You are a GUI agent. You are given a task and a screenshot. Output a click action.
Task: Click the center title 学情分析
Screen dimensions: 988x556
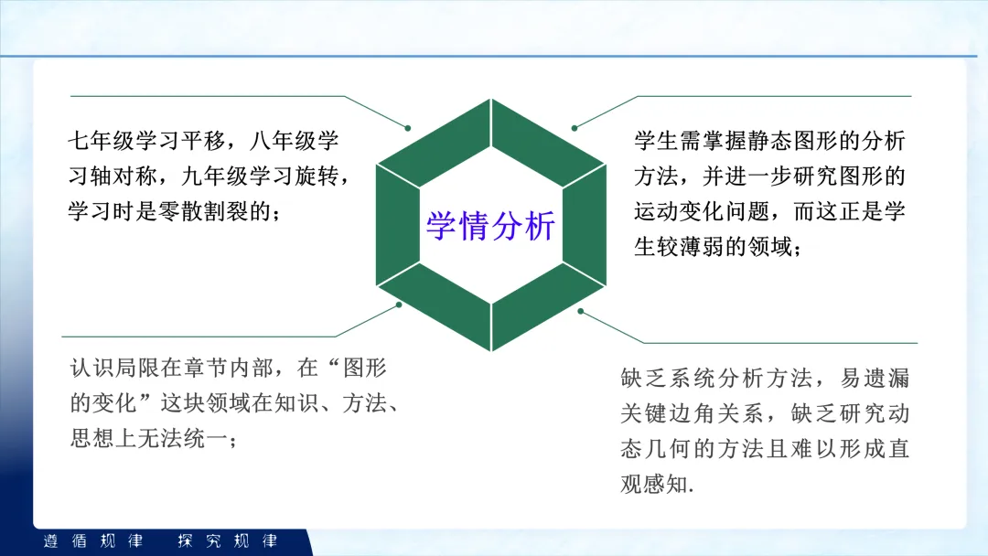pyautogui.click(x=490, y=226)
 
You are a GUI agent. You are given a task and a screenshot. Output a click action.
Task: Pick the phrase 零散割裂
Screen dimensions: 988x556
pyautogui.click(x=203, y=211)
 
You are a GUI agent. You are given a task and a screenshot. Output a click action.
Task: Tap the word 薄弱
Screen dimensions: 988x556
pyautogui.click(x=703, y=246)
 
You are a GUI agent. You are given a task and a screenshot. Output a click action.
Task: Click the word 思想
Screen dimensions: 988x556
pyautogui.click(x=92, y=438)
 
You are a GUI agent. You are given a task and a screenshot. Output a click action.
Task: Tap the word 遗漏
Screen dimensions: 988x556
pyautogui.click(x=887, y=378)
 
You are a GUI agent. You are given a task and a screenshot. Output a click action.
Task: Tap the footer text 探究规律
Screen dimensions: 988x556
pyautogui.click(x=228, y=540)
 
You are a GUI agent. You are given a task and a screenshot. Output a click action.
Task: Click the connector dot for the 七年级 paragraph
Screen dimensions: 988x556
pyautogui.click(x=408, y=128)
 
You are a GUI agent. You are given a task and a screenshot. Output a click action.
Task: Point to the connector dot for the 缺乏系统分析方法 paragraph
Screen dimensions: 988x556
pyautogui.click(x=580, y=311)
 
